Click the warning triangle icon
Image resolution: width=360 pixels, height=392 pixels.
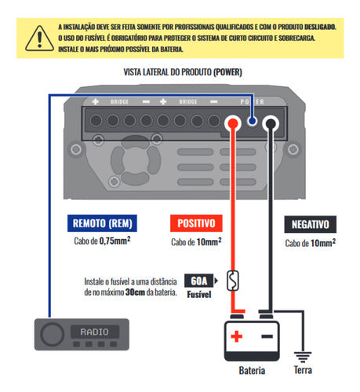pos(39,38)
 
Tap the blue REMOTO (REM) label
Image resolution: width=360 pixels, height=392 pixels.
pos(102,223)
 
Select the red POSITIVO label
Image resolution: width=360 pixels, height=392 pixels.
pos(196,223)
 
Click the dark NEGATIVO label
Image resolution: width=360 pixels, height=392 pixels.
pos(311,224)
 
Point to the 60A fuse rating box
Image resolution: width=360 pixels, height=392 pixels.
pos(199,281)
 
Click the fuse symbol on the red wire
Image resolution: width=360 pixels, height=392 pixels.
pos(233,281)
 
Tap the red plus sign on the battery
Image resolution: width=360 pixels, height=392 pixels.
pos(237,336)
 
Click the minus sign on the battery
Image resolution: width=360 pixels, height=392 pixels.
pos(267,336)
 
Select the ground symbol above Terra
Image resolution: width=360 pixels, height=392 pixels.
pos(303,357)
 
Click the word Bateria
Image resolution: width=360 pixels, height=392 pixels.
pos(252,370)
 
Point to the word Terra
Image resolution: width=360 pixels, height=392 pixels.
pos(303,370)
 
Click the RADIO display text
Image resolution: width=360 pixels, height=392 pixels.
pos(94,332)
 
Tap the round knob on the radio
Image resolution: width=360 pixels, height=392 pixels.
pos(52,334)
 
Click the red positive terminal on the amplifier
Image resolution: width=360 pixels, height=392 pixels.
pos(233,123)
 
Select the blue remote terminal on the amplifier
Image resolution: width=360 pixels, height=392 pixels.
pos(252,121)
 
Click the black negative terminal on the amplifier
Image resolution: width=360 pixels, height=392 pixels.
pos(271,123)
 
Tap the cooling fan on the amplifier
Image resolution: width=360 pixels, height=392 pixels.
pos(136,160)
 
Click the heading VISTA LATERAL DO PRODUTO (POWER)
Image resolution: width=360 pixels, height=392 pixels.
pos(183,72)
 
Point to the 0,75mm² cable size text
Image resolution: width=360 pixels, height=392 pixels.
pos(115,241)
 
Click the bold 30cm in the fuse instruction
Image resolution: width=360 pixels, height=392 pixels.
pos(135,292)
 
